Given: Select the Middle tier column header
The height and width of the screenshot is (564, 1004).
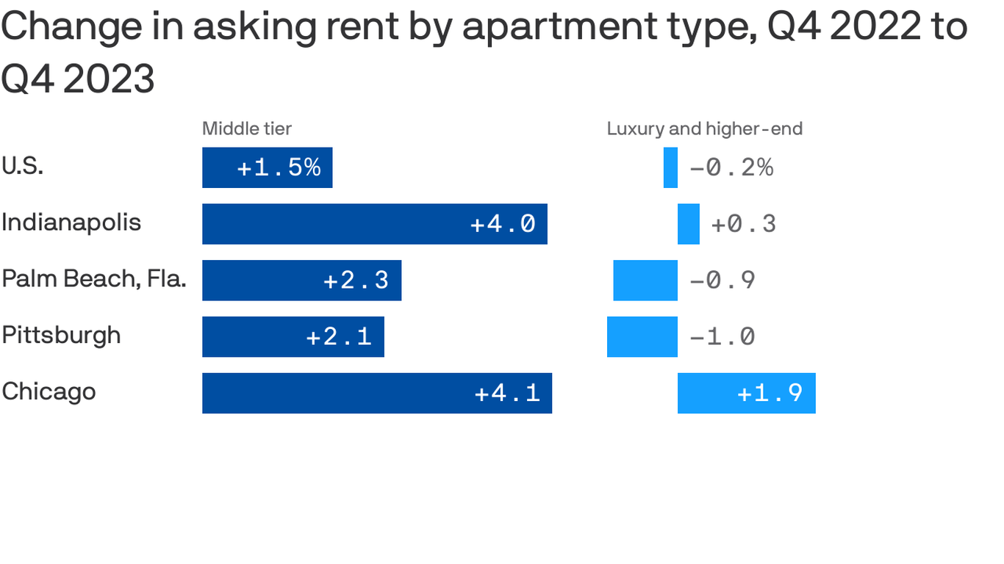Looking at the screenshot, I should click(x=247, y=129).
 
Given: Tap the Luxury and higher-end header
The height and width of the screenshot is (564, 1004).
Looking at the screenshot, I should click(x=704, y=129).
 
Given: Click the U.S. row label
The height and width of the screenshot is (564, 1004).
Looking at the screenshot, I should click(x=23, y=166).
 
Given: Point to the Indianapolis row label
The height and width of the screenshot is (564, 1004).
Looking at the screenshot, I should click(x=71, y=222).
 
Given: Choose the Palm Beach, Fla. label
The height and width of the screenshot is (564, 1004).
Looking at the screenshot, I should click(x=93, y=278).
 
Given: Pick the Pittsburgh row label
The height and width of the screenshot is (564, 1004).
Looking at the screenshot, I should click(x=61, y=335).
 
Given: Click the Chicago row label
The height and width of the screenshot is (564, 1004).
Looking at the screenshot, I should click(x=49, y=391).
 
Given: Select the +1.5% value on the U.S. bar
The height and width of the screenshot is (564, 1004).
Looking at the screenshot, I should click(x=279, y=167).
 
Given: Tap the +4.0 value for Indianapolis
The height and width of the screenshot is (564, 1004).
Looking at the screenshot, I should click(x=503, y=224).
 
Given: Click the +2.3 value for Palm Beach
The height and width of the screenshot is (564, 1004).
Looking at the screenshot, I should click(x=356, y=281).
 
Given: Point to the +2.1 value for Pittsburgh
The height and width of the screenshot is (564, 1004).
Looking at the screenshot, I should click(x=338, y=336).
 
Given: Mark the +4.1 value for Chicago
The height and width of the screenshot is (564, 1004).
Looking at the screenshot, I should click(x=507, y=393).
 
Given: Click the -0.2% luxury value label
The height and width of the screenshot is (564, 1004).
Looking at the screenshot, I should click(x=731, y=167).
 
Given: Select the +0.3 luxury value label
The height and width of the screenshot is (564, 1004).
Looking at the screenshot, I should click(x=743, y=224).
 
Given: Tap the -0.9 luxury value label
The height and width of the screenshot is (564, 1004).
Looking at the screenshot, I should click(x=722, y=281).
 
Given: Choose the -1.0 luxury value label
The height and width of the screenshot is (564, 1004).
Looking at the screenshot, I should click(x=722, y=336).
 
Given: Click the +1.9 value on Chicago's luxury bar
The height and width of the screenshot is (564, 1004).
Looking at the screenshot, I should click(x=770, y=393).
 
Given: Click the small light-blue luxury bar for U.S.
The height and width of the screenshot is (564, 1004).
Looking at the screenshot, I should click(x=670, y=167).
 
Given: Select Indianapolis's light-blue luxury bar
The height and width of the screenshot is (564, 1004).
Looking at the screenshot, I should click(x=689, y=224).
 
